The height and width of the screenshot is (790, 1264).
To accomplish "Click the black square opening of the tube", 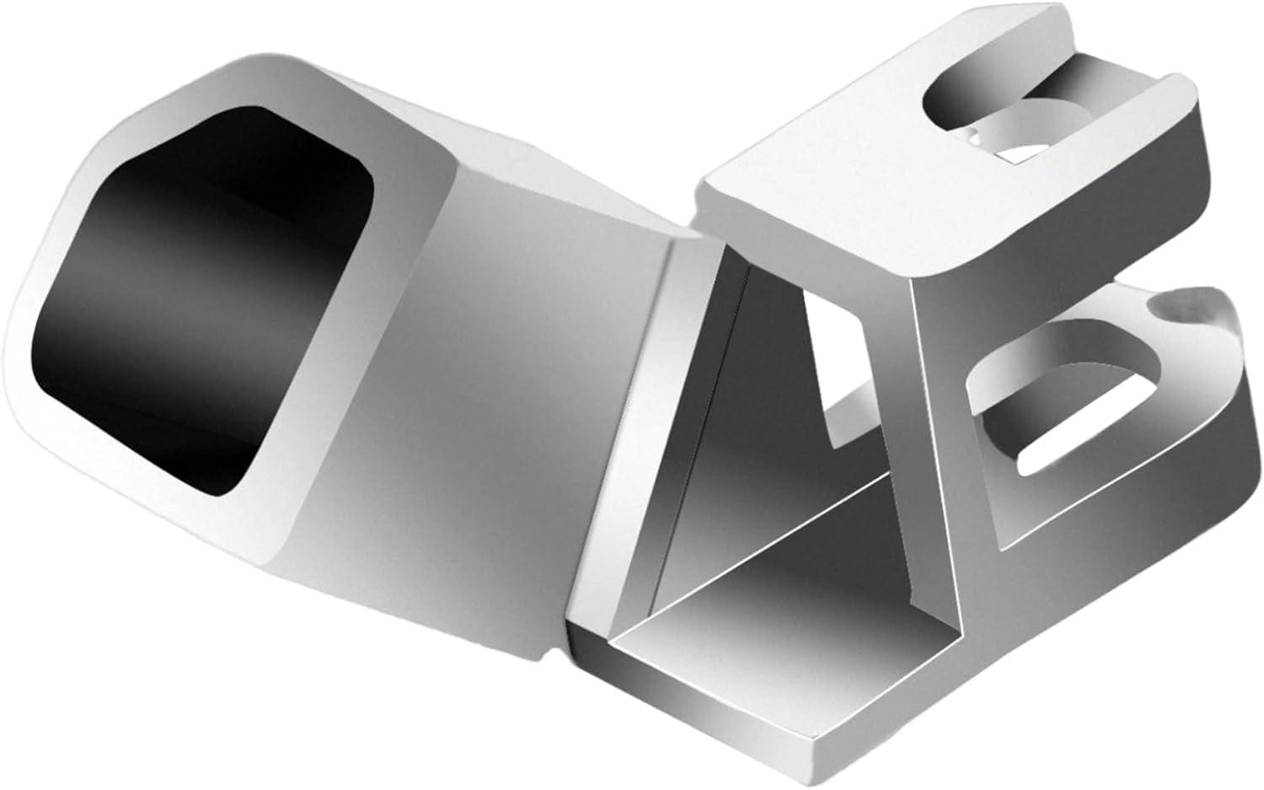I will (x=202, y=295).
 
